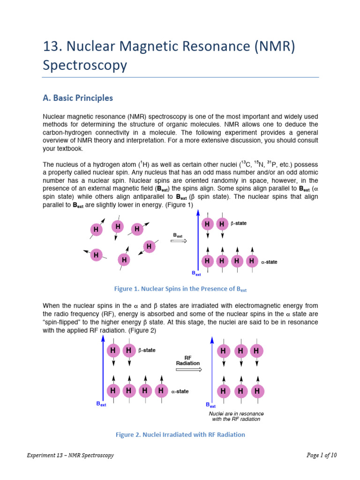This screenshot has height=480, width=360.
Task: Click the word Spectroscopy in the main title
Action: coord(85,65)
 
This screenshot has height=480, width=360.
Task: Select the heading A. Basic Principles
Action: coord(78,98)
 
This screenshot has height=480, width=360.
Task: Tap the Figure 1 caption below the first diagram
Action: coord(180,289)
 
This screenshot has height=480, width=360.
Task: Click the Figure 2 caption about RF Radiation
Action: coord(180,435)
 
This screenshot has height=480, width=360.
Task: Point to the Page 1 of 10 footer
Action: coord(322,455)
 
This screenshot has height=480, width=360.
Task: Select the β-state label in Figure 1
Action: coord(239,224)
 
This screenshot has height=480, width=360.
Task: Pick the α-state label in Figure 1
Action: coord(269,262)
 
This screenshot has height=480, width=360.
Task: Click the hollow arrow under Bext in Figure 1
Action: coord(179,241)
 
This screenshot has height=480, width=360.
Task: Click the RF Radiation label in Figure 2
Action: coord(188,360)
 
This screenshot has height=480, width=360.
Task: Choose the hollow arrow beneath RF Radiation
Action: coord(189,369)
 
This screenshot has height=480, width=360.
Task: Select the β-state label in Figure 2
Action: coord(148,350)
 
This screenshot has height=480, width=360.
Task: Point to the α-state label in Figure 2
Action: coord(180,391)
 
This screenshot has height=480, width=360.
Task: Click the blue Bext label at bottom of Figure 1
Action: coord(196,273)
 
